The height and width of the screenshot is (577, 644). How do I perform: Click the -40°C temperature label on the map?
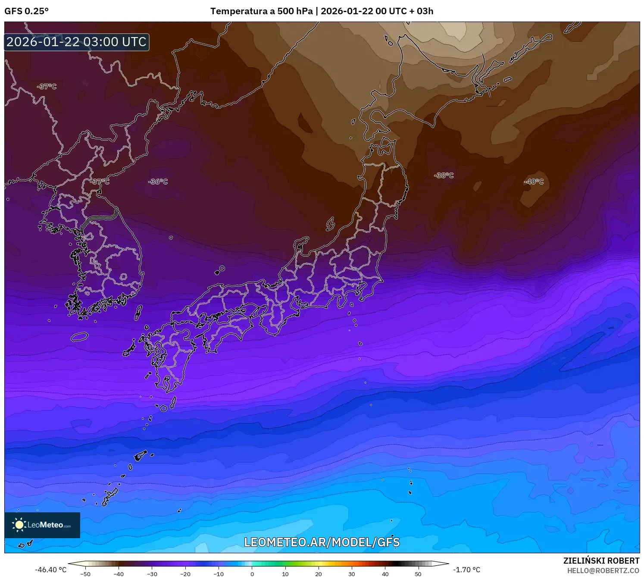(x=534, y=182)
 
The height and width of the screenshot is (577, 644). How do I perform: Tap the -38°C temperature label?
(x=444, y=175)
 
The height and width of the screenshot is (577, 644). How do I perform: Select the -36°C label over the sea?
(x=158, y=182)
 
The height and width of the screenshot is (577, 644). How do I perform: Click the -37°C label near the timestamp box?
(x=47, y=86)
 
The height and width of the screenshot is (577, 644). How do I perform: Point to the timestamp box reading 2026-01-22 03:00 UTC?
(x=77, y=42)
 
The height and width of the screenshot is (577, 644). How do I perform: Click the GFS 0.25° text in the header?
(x=26, y=11)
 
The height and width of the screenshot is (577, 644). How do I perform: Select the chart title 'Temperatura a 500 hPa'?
(x=261, y=11)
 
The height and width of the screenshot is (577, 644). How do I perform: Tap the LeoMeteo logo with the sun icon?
(x=42, y=525)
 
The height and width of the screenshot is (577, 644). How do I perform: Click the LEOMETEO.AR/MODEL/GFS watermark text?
(x=322, y=542)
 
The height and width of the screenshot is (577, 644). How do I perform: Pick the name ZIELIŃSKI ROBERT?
(x=601, y=561)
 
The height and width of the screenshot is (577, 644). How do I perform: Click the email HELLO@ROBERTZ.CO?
(x=603, y=571)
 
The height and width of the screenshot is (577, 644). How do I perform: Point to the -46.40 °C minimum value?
(x=51, y=570)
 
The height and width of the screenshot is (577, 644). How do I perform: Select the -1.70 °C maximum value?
(x=466, y=570)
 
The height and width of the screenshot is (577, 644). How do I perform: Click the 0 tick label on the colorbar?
(x=252, y=574)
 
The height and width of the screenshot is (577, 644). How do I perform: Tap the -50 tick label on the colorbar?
(x=85, y=574)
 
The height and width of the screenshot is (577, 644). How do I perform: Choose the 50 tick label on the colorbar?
(x=418, y=574)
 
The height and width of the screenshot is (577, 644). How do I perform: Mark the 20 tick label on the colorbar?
(x=319, y=574)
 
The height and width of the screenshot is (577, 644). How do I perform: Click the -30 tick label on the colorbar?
(x=152, y=574)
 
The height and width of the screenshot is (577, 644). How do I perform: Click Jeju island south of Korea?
(x=80, y=336)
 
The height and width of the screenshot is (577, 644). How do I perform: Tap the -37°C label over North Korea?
(x=100, y=182)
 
